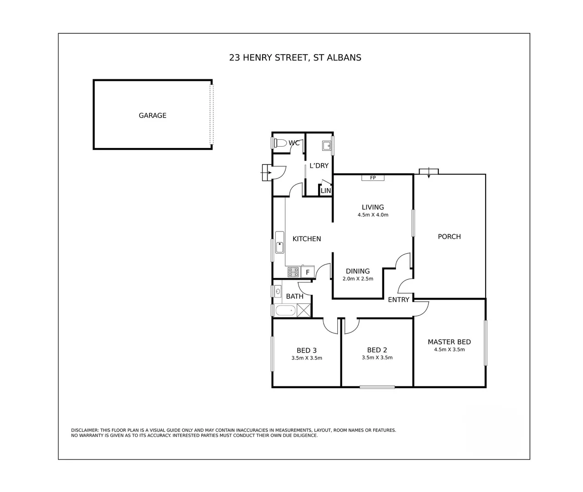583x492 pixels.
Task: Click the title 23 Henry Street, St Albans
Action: click(x=295, y=57)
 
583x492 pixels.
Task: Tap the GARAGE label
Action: click(x=152, y=116)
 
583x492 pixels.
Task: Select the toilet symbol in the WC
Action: click(x=281, y=143)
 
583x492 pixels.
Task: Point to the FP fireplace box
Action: click(x=373, y=178)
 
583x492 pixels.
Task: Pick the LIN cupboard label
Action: click(x=326, y=191)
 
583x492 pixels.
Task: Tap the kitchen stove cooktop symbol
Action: click(x=293, y=272)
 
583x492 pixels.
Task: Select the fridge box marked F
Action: click(x=308, y=272)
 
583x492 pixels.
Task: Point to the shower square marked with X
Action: click(x=304, y=310)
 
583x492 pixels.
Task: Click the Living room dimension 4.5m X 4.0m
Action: click(x=373, y=215)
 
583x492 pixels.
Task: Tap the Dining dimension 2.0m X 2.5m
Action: click(x=358, y=279)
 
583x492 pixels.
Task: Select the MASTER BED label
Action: click(x=449, y=342)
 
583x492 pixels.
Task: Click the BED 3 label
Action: click(x=306, y=350)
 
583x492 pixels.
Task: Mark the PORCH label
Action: click(x=449, y=236)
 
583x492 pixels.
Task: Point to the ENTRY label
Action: click(x=398, y=300)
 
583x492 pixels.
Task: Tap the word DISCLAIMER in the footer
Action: click(x=85, y=430)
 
